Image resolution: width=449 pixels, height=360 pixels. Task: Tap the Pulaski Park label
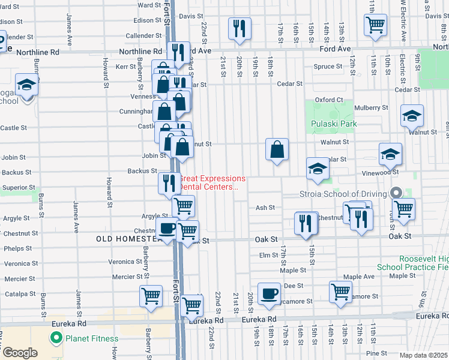(334, 124)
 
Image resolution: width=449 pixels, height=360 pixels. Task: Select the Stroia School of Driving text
(343, 194)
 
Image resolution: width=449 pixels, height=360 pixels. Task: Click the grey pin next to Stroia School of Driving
(396, 193)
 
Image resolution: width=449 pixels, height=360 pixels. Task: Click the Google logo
(19, 352)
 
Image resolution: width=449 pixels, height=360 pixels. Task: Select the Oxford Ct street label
(329, 100)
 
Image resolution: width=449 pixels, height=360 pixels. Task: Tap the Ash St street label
(265, 208)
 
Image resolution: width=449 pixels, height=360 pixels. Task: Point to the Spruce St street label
(328, 67)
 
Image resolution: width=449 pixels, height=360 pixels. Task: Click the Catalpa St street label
(20, 294)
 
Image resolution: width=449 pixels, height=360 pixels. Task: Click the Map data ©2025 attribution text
(423, 355)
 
